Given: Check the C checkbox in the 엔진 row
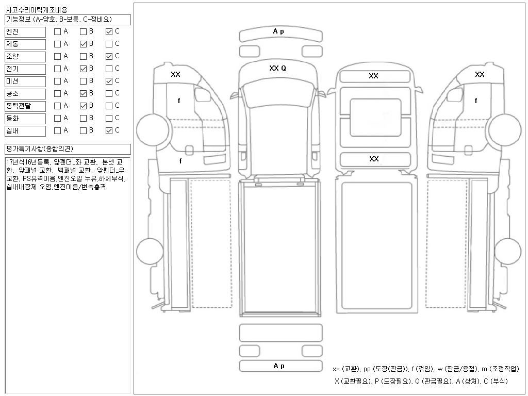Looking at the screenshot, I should (x=109, y=31).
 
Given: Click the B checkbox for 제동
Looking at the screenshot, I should (x=83, y=44).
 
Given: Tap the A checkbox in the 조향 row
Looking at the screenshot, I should (x=57, y=56).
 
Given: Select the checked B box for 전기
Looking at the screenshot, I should (x=83, y=69).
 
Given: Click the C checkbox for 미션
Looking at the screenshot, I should (x=109, y=81).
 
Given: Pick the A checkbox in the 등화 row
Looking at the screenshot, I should (x=57, y=118).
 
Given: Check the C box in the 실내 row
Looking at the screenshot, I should (x=109, y=130).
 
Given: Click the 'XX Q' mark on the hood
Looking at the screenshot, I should (x=277, y=68).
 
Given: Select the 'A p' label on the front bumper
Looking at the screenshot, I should (x=278, y=31).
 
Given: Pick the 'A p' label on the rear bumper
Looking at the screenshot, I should (x=279, y=366).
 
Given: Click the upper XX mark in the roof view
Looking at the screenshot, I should (x=374, y=76).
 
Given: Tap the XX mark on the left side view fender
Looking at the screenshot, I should (x=176, y=74).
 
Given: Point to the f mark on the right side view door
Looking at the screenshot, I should (x=476, y=101).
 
